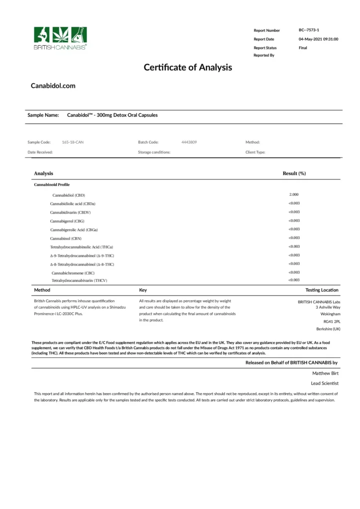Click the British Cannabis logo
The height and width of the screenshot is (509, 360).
(60, 38)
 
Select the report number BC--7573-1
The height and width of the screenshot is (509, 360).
(309, 30)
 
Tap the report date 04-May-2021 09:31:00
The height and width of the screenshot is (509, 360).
(318, 39)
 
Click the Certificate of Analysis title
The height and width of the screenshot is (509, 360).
(187, 67)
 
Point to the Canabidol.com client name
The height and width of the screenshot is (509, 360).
(53, 85)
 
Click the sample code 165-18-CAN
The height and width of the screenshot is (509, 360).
(73, 142)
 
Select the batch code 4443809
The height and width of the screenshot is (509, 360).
(189, 142)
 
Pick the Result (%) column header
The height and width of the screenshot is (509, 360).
(294, 173)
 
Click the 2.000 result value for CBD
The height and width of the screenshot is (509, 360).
(293, 194)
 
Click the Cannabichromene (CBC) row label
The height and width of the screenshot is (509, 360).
(73, 273)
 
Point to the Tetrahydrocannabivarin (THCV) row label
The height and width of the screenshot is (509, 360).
(79, 281)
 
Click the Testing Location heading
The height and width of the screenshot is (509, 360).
(322, 290)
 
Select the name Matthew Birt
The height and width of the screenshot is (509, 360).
(325, 373)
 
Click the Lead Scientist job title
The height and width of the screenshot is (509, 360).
(325, 383)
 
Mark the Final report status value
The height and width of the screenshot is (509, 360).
(303, 48)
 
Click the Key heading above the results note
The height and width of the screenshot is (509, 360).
(143, 290)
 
